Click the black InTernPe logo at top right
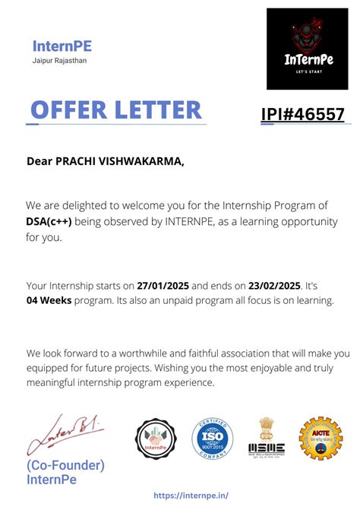pos(307,49)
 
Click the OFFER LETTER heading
pos(115,109)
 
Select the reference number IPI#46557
pos(302,114)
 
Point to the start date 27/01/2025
pos(163,286)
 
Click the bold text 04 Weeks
pos(47,300)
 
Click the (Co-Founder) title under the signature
pos(65,465)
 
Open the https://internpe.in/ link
pos(191,495)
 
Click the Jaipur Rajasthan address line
pos(60,60)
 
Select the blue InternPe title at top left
pos(62,46)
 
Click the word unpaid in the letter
pos(148,300)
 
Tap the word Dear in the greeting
pos(39,160)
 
